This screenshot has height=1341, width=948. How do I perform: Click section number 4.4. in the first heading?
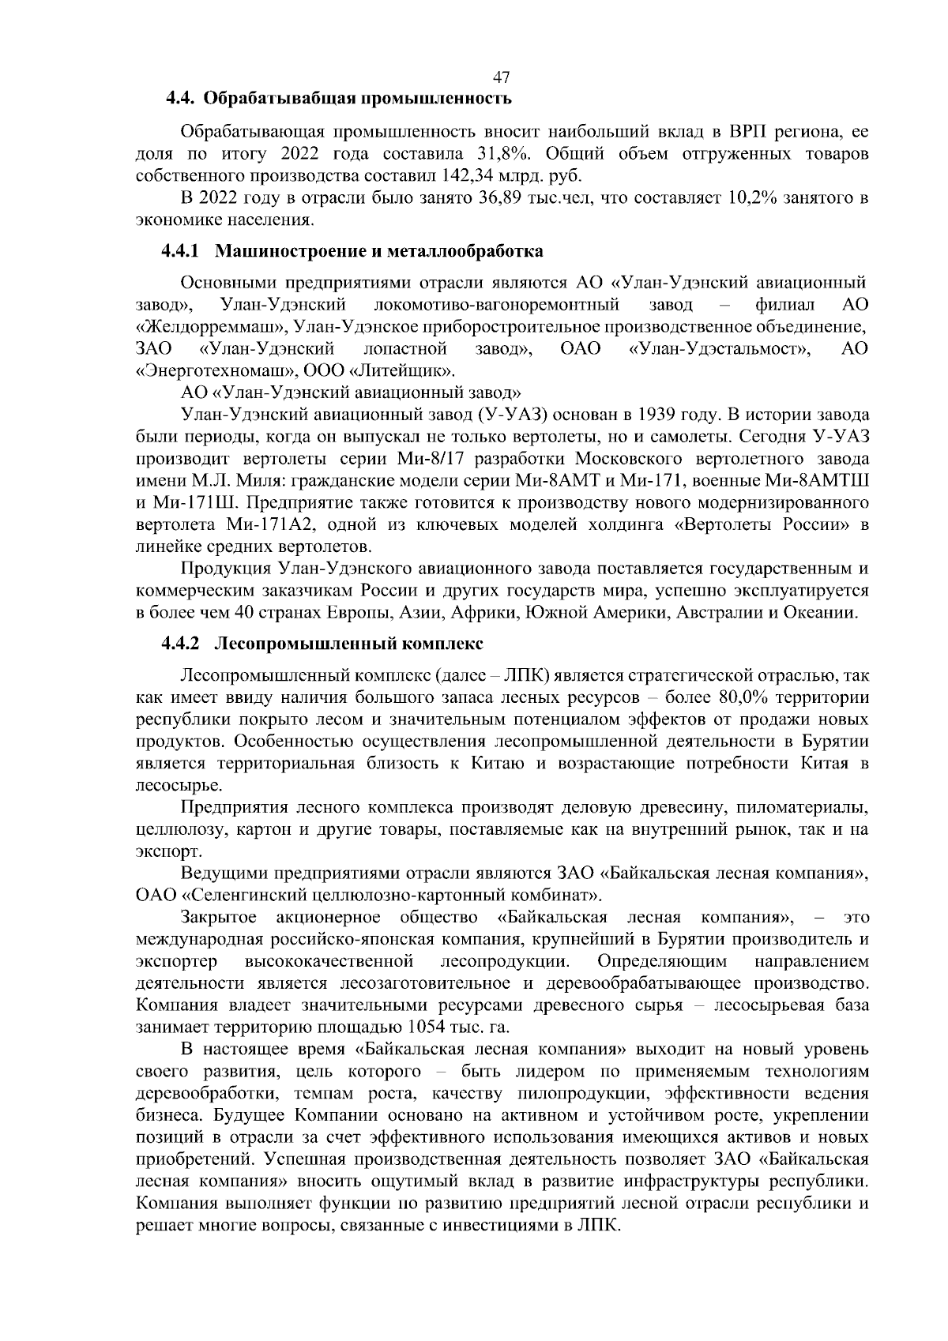181,99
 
